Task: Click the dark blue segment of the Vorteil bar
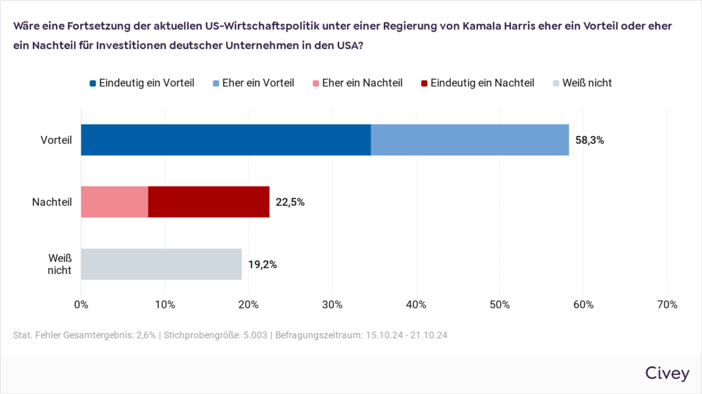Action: pos(225,140)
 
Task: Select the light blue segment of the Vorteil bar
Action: pos(469,140)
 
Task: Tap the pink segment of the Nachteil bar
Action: pos(114,202)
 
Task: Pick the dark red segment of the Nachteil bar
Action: pos(208,202)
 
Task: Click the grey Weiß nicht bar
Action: pos(161,264)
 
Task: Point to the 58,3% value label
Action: pos(590,141)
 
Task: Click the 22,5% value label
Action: pos(290,202)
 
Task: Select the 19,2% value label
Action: pos(262,265)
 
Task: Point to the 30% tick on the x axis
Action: pos(332,305)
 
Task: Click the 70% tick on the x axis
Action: pos(667,305)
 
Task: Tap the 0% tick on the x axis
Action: pos(81,305)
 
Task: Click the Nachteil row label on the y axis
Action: pos(52,202)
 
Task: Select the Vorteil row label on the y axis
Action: pos(56,141)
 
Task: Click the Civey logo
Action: pos(667,374)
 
